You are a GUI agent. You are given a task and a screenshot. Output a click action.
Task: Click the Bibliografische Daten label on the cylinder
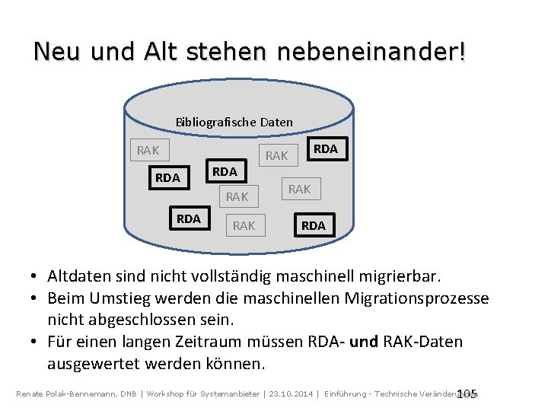pyautogui.click(x=234, y=122)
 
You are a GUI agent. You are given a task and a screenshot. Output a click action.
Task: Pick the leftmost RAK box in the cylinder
pyautogui.click(x=148, y=150)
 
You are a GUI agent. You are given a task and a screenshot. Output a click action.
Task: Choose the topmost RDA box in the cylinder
pyautogui.click(x=326, y=149)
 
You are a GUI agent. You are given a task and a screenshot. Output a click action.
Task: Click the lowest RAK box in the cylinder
pyautogui.click(x=244, y=225)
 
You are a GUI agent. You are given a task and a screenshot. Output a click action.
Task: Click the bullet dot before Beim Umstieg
pyautogui.click(x=36, y=298)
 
